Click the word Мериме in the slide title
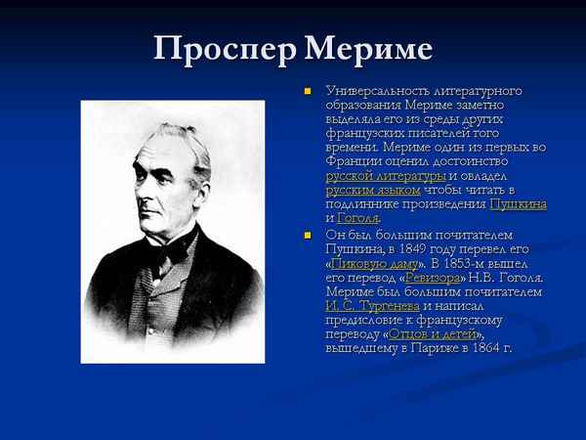pyautogui.click(x=367, y=49)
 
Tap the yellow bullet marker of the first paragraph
pyautogui.click(x=307, y=92)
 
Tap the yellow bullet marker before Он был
pyautogui.click(x=307, y=236)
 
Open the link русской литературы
pyautogui.click(x=386, y=176)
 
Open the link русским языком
pyautogui.click(x=373, y=190)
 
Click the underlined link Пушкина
pyautogui.click(x=518, y=204)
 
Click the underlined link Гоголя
pyautogui.click(x=357, y=218)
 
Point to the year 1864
pyautogui.click(x=489, y=348)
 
